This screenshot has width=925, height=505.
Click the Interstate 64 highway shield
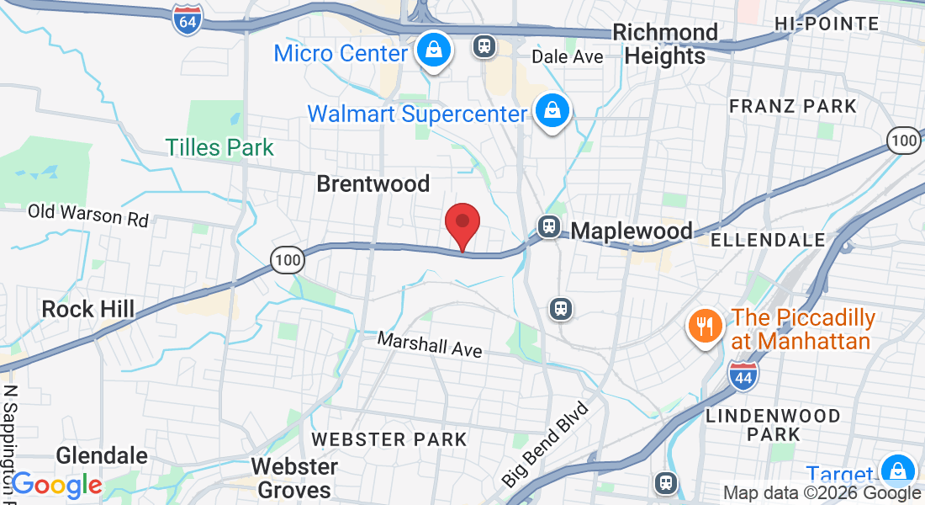point(188,19)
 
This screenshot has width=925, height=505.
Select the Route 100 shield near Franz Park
point(904,140)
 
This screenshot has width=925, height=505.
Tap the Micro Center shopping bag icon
point(433,52)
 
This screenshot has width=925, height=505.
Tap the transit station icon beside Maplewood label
point(549,226)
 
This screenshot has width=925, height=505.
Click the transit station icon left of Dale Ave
point(484,45)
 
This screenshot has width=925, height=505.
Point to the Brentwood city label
point(373,183)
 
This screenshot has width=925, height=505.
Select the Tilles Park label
point(219,147)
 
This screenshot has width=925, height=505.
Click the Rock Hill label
point(88,309)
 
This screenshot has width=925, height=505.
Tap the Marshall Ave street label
point(430,343)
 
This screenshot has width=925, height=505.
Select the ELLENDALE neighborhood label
point(768,240)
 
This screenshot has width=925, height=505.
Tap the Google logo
point(56,485)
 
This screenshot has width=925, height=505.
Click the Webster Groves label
point(294,477)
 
